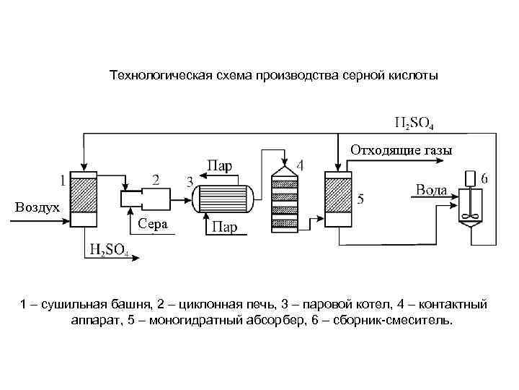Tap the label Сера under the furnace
click(152, 224)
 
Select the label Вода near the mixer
click(432, 190)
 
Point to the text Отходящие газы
click(402, 151)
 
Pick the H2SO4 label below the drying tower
click(109, 250)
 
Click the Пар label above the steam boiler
click(220, 165)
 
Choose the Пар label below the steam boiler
click(225, 228)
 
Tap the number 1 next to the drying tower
click(63, 178)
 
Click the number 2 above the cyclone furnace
click(156, 178)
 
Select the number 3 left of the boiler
click(190, 181)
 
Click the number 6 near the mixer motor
click(485, 178)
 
